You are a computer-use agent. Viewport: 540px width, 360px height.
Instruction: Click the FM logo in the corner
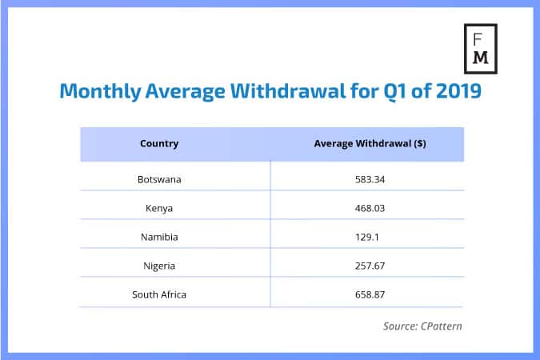click(x=481, y=48)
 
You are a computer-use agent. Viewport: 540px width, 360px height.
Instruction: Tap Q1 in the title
click(x=400, y=92)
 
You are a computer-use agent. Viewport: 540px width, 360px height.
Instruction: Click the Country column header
click(x=159, y=144)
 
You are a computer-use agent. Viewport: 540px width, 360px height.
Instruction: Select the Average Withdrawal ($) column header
click(x=370, y=144)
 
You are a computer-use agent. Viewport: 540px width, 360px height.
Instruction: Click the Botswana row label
click(x=159, y=179)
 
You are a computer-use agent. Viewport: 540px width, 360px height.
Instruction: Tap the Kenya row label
click(x=159, y=208)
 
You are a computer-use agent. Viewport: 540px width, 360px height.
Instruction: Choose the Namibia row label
click(x=159, y=237)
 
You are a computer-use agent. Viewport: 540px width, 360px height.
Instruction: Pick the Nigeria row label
click(x=159, y=266)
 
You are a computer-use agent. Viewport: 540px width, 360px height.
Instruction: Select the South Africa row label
click(x=159, y=295)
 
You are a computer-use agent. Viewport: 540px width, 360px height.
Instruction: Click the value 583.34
click(x=370, y=179)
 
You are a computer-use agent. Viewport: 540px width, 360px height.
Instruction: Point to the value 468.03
click(x=370, y=208)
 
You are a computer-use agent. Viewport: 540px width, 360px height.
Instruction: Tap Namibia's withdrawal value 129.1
click(x=370, y=237)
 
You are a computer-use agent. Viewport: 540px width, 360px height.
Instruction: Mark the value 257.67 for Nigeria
click(x=370, y=266)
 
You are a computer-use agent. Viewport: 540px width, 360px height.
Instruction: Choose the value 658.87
click(x=370, y=295)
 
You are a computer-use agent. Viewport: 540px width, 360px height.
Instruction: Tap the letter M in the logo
click(x=481, y=58)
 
